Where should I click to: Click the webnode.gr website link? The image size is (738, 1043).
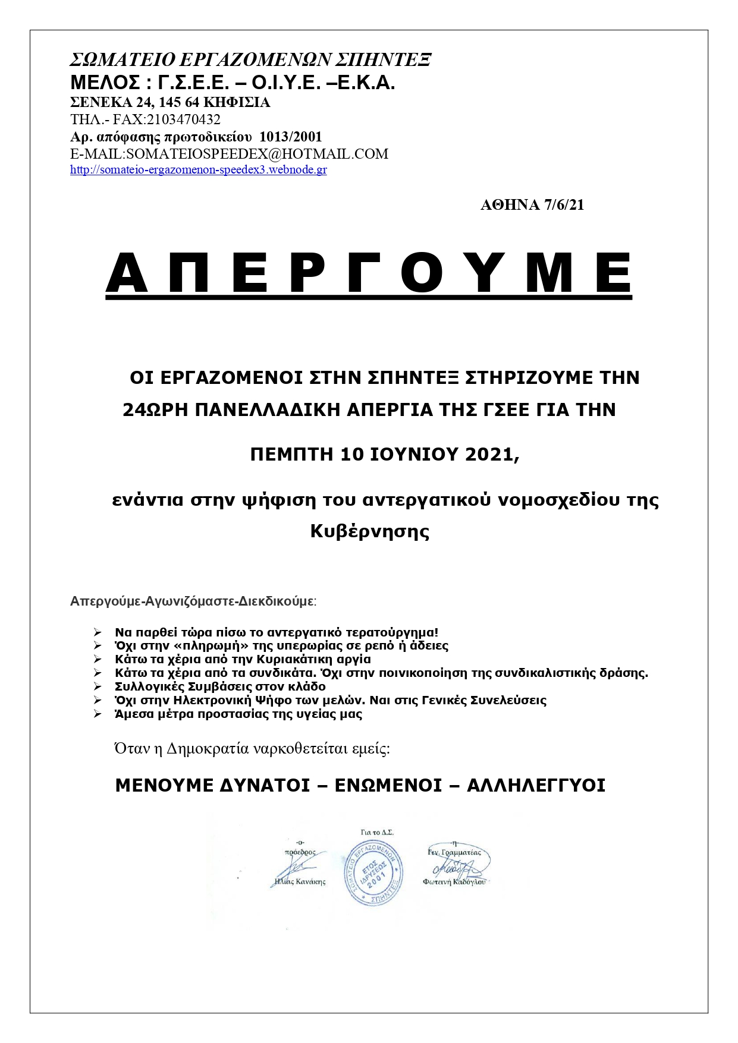(198, 170)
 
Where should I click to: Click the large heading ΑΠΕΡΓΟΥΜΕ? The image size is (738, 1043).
(369, 273)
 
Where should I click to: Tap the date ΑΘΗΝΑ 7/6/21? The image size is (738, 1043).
(532, 205)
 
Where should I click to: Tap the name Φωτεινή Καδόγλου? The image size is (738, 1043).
(454, 882)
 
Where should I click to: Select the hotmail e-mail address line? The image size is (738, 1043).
(229, 154)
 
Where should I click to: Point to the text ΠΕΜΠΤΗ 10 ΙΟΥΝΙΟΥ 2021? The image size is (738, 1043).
(385, 455)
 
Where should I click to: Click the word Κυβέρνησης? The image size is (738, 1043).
(369, 531)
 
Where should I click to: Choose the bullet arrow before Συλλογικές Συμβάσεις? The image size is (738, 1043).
(98, 686)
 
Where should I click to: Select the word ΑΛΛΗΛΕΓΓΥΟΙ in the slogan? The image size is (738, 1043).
(536, 786)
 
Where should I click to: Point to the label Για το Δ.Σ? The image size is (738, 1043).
(377, 833)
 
